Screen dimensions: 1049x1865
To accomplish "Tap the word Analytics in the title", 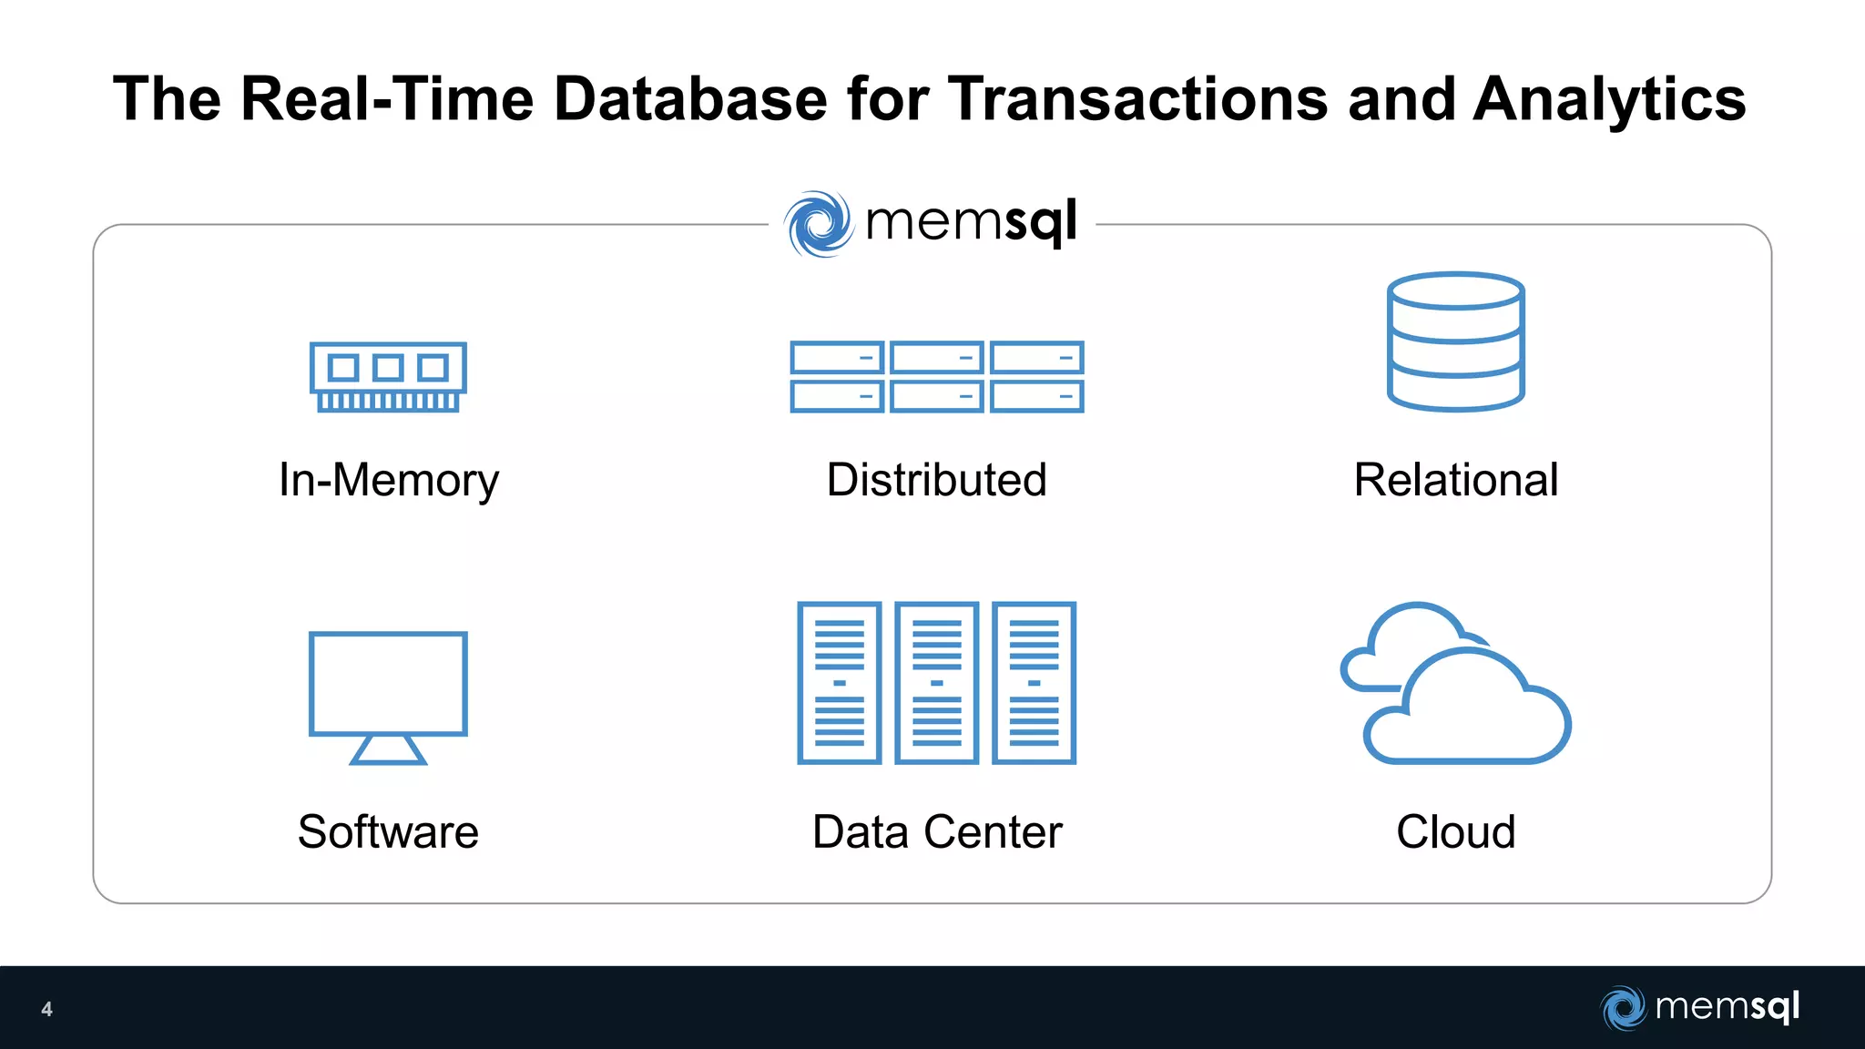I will pyautogui.click(x=1609, y=98).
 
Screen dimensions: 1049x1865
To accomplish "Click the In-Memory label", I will pyautogui.click(x=389, y=480).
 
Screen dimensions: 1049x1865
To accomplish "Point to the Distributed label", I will pyautogui.click(x=936, y=480).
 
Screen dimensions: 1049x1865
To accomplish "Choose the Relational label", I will pyautogui.click(x=1455, y=480).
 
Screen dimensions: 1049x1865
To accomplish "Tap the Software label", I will pyautogui.click(x=388, y=831).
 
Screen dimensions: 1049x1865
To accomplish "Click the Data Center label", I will pyautogui.click(x=937, y=831).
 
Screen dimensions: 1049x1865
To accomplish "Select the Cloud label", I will pyautogui.click(x=1455, y=831).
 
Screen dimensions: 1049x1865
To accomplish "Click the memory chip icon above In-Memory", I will pyautogui.click(x=388, y=376).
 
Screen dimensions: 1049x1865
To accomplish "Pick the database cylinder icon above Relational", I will pyautogui.click(x=1455, y=341).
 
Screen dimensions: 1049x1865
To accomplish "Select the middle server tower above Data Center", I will pyautogui.click(x=937, y=682).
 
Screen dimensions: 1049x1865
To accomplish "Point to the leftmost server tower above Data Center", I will pyautogui.click(x=840, y=682).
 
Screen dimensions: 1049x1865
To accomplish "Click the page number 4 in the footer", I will pyautogui.click(x=46, y=1009).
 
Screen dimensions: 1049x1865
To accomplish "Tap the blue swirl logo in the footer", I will pyautogui.click(x=1623, y=1007).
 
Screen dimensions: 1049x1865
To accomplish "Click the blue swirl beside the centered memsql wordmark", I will pyautogui.click(x=819, y=223).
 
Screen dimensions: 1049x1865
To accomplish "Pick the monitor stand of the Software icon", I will pyautogui.click(x=388, y=749).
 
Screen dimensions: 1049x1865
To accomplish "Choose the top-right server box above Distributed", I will pyautogui.click(x=1037, y=358).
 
